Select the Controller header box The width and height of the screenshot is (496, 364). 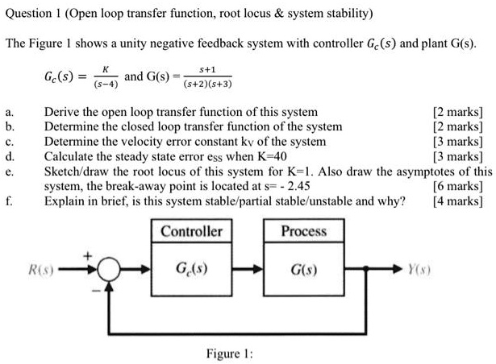[191, 231]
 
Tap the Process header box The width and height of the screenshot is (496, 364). [304, 231]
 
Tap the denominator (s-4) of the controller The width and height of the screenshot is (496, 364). [106, 84]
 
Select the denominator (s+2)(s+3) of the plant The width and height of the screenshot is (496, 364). [208, 84]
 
